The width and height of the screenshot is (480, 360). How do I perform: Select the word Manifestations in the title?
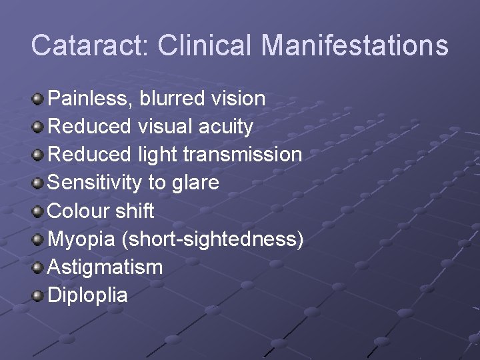point(355,45)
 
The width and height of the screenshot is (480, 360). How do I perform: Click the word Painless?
point(91,99)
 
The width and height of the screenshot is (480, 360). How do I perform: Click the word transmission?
point(243,155)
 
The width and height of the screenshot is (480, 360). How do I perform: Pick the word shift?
point(135,211)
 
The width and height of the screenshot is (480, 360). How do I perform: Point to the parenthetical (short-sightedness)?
point(213,239)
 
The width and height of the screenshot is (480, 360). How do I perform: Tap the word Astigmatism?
point(105,267)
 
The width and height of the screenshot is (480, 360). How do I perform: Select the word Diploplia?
point(88,295)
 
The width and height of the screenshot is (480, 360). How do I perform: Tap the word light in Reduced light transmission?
point(157,155)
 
